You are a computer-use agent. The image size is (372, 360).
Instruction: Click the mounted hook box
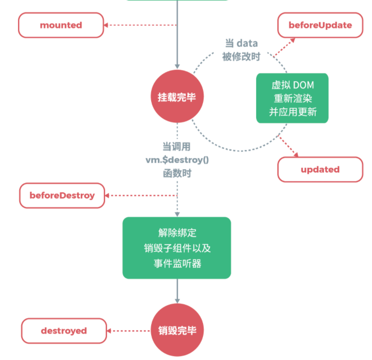coord(61,25)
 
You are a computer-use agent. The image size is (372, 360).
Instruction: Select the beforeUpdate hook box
coord(320,25)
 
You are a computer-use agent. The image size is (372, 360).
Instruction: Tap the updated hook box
coord(320,169)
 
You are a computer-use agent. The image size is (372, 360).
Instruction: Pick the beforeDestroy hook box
coord(62,195)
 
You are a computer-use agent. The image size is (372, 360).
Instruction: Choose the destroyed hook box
coord(64,331)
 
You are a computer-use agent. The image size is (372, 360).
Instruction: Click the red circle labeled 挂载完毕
coord(177,97)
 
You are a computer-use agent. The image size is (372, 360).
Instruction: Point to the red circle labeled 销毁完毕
coord(177,331)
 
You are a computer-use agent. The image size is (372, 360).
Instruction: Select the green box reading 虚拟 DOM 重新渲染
coord(293,98)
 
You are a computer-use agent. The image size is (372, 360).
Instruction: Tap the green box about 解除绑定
coord(177,248)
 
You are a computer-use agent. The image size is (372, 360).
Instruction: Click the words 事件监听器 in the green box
coord(177,263)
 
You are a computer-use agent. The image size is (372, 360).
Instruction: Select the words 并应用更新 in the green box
coord(293,112)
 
